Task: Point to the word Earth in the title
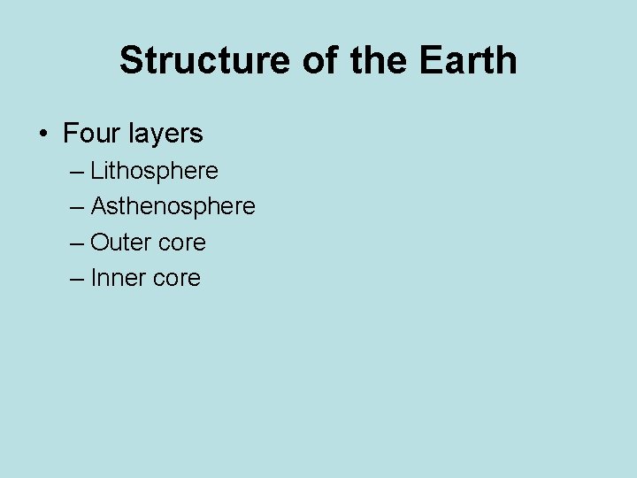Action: (468, 61)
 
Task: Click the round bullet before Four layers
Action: (42, 135)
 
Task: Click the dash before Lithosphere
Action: (77, 171)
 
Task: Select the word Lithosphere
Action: (154, 171)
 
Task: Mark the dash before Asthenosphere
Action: (77, 207)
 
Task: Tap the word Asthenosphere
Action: (173, 207)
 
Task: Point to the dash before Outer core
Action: (77, 243)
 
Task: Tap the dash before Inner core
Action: (77, 278)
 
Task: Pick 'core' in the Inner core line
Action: (178, 279)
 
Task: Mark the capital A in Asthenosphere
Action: (99, 207)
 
